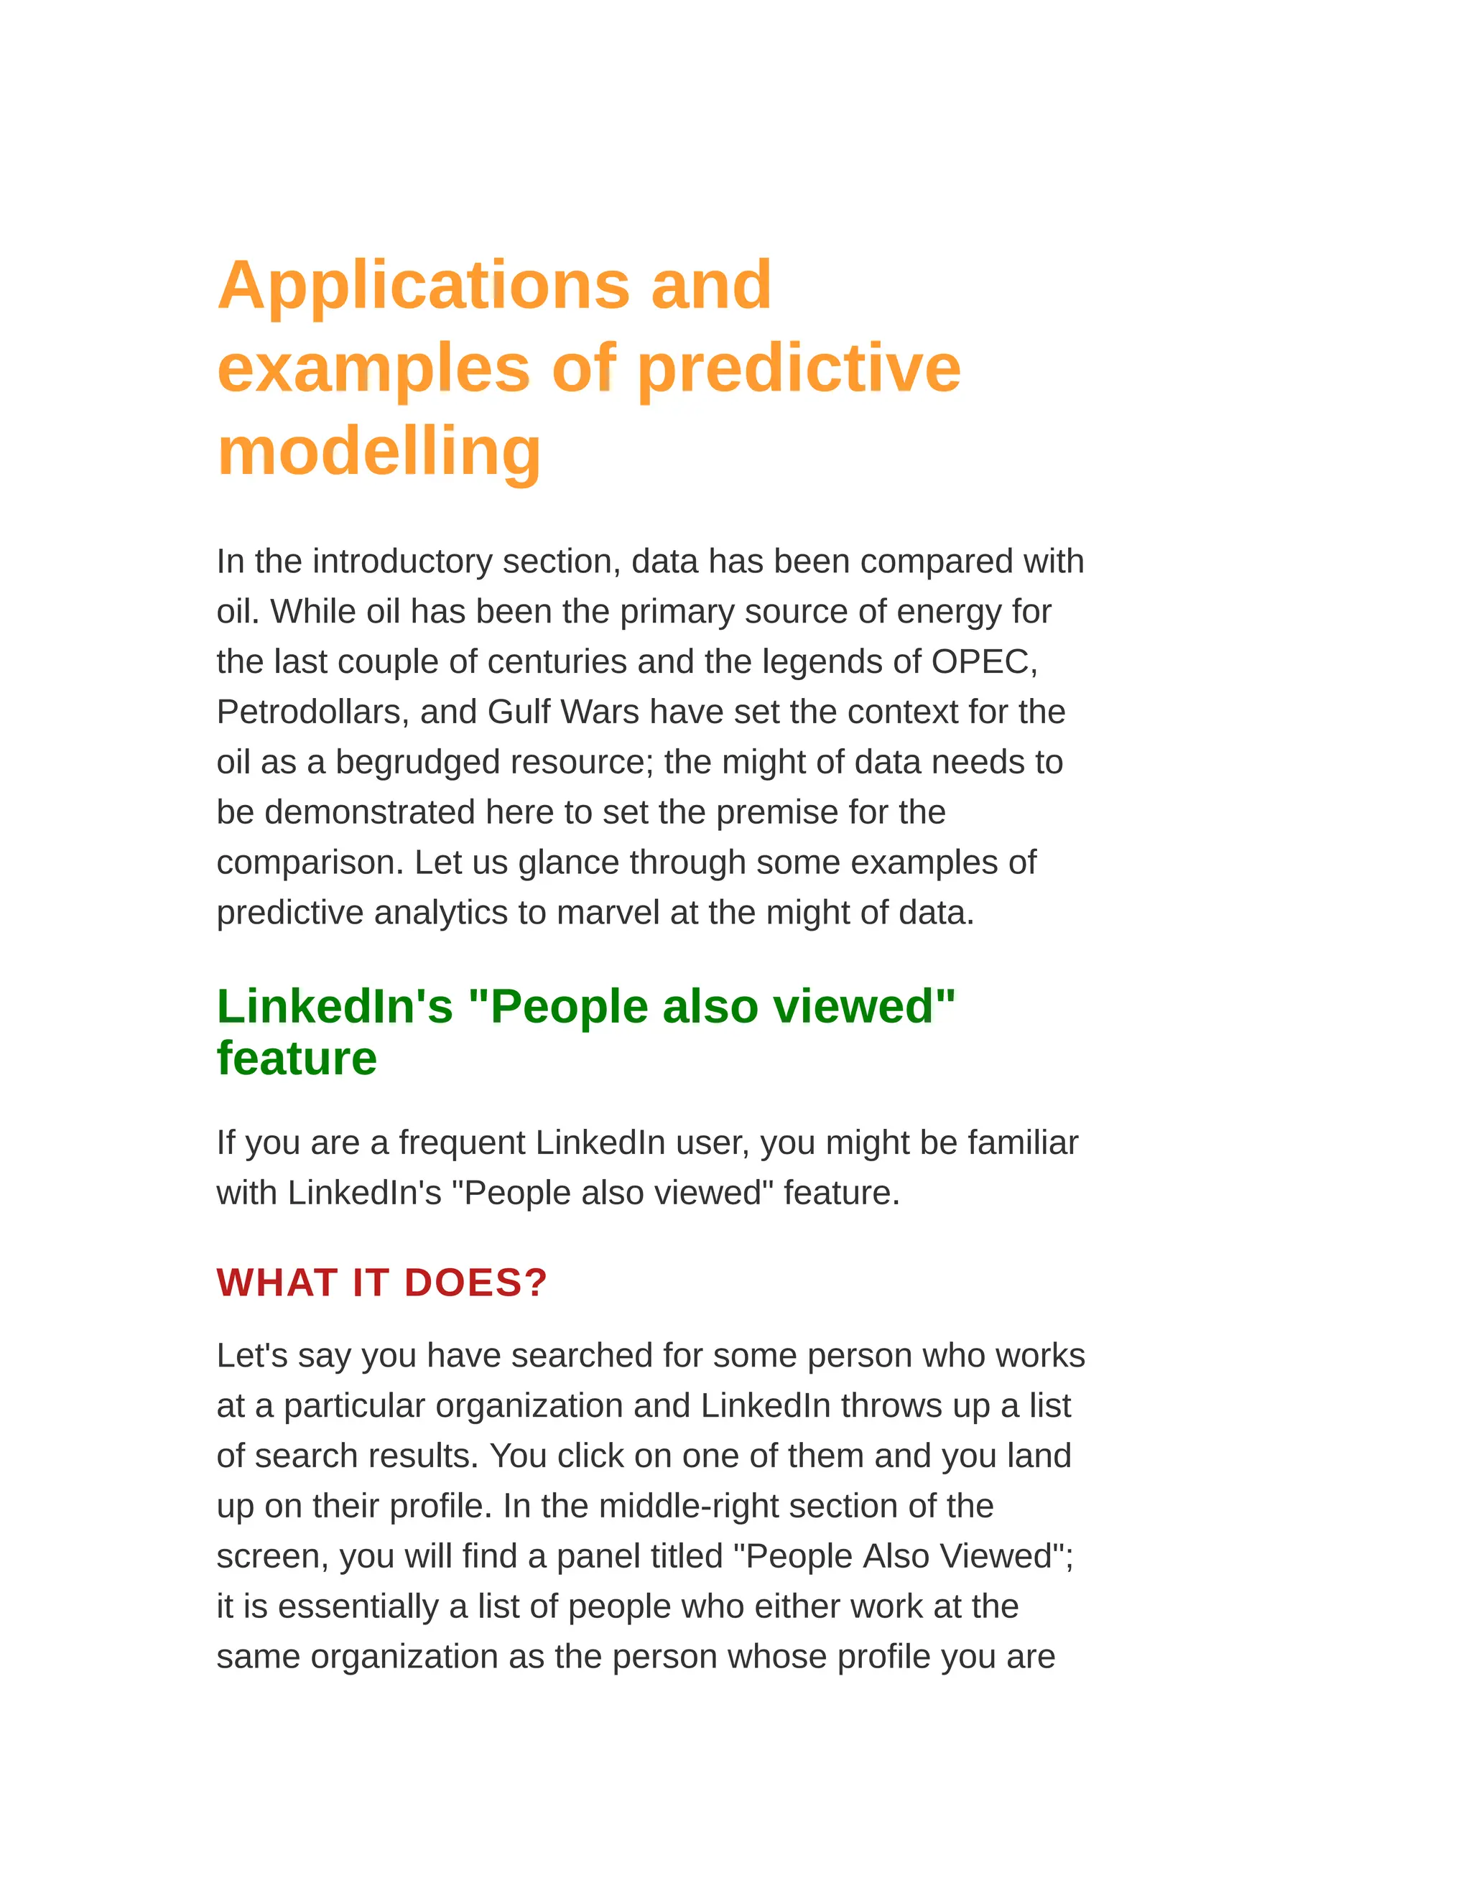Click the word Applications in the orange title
[422, 286]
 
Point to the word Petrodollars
[307, 712]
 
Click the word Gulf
[519, 712]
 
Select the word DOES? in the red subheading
[475, 1283]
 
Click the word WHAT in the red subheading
[277, 1283]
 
